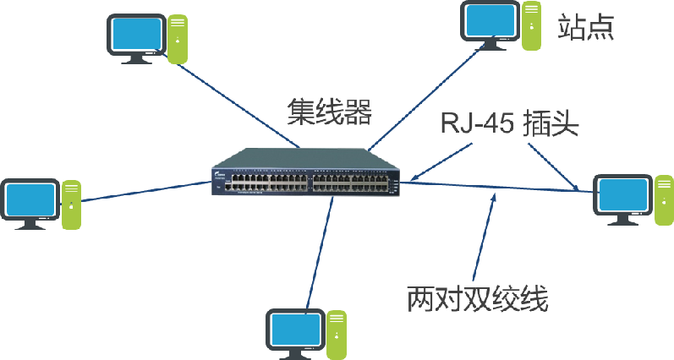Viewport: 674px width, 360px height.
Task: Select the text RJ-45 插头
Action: [x=508, y=123]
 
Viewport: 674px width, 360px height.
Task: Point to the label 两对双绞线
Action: [x=478, y=299]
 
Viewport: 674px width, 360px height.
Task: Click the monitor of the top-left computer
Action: [x=134, y=34]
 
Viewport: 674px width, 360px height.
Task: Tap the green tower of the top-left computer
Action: [x=178, y=38]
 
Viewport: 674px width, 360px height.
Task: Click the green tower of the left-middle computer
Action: [x=71, y=204]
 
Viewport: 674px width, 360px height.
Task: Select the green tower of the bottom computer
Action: [x=337, y=333]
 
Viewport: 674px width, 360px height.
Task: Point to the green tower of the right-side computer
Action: [x=664, y=199]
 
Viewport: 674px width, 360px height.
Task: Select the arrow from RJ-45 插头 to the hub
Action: [x=439, y=161]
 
